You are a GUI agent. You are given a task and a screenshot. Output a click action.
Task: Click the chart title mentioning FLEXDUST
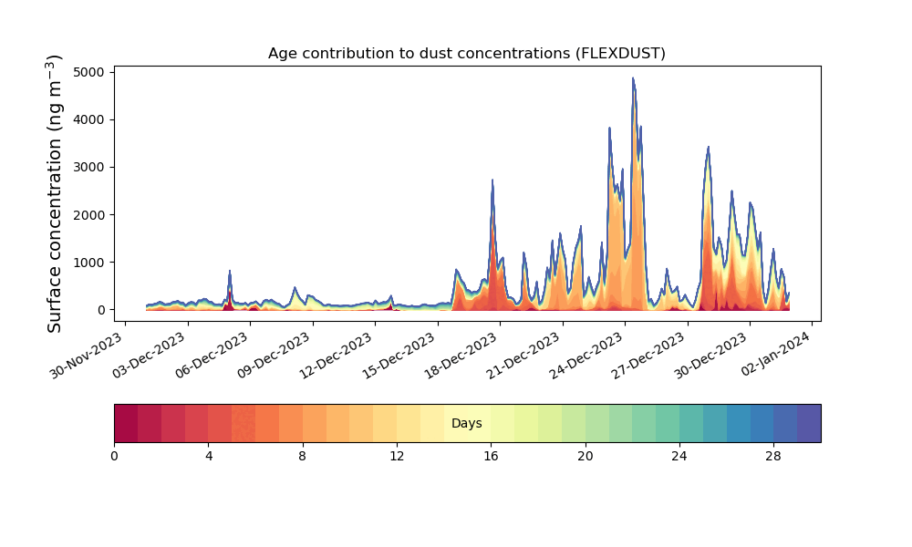pyautogui.click(x=466, y=54)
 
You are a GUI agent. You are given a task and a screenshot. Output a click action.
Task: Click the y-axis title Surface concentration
pyautogui.click(x=54, y=193)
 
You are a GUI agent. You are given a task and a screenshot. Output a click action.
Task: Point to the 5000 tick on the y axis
pyautogui.click(x=89, y=72)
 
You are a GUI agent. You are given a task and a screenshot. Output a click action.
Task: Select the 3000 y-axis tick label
pyautogui.click(x=89, y=168)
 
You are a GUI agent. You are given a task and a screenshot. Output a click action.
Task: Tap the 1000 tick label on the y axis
pyautogui.click(x=89, y=263)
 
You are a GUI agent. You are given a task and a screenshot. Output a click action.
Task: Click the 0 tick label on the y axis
pyautogui.click(x=102, y=310)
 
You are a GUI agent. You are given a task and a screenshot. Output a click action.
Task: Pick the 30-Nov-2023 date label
pyautogui.click(x=86, y=356)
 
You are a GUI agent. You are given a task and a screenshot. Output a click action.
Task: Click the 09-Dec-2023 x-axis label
pyautogui.click(x=274, y=356)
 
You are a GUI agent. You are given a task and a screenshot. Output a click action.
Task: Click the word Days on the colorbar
pyautogui.click(x=466, y=423)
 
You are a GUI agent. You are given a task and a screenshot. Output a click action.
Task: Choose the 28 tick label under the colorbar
pyautogui.click(x=773, y=457)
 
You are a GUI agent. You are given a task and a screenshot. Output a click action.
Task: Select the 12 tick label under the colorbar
pyautogui.click(x=397, y=457)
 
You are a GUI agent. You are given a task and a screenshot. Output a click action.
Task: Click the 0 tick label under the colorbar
pyautogui.click(x=114, y=457)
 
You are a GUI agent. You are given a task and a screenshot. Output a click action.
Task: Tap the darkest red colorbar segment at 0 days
pyautogui.click(x=126, y=423)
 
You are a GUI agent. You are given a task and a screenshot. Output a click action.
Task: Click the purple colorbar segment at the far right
pyautogui.click(x=809, y=423)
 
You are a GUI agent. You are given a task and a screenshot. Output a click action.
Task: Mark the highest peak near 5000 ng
pyautogui.click(x=633, y=77)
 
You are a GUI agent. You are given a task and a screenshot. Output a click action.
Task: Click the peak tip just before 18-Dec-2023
pyautogui.click(x=492, y=180)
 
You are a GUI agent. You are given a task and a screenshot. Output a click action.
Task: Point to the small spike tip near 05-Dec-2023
pyautogui.click(x=230, y=270)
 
